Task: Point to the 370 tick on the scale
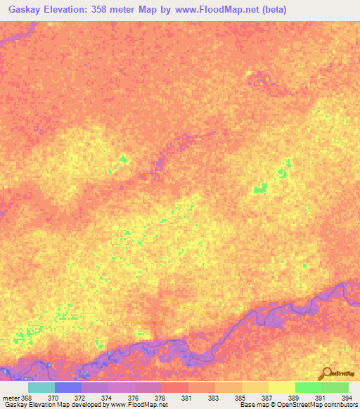coord(53,398)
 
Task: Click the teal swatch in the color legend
coord(41,387)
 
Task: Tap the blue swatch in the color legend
coord(67,387)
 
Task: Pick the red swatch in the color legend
coord(174,387)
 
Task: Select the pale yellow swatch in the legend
coord(281,387)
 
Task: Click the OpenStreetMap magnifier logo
coord(326,374)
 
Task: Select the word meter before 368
coord(10,398)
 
